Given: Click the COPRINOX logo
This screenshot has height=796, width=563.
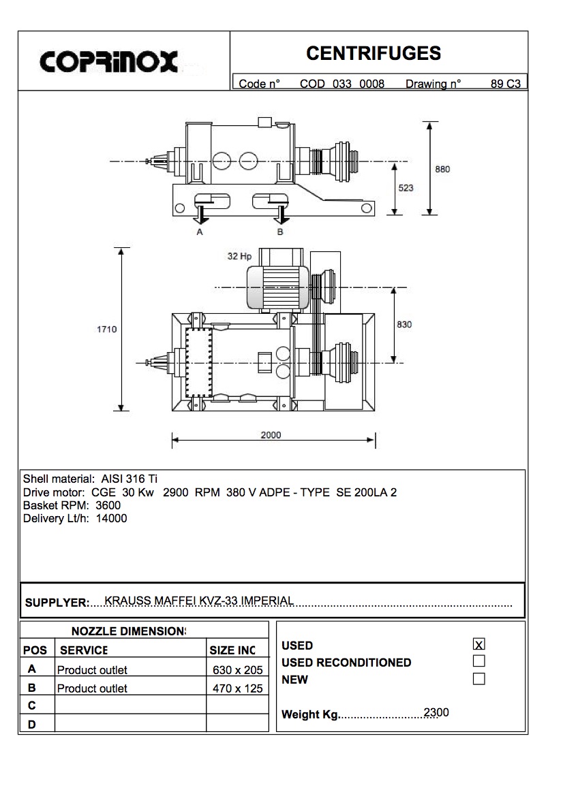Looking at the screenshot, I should tap(109, 62).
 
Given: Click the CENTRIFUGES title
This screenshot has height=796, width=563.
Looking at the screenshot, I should tap(374, 53).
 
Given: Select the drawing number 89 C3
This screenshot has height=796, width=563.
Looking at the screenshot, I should tap(505, 84).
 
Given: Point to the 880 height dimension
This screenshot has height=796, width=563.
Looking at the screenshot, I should tap(442, 169).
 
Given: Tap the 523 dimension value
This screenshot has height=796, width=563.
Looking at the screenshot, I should tap(406, 188).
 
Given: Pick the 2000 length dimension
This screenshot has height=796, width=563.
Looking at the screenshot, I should tap(271, 435).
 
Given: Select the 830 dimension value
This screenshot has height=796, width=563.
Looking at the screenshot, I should tap(404, 325).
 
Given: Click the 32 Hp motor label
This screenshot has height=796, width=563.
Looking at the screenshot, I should tap(240, 257).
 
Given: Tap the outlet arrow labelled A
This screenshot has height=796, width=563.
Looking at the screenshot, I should tap(200, 216).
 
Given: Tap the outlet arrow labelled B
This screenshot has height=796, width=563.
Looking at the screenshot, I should tap(281, 216).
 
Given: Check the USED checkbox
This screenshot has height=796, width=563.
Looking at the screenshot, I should tap(479, 644).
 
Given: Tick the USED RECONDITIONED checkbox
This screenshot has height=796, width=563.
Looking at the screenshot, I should tap(479, 661).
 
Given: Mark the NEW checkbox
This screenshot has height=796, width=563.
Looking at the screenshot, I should tap(479, 679).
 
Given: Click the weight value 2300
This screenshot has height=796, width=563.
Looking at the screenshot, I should tap(436, 713).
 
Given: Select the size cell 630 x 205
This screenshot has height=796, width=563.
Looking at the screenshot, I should tap(238, 670).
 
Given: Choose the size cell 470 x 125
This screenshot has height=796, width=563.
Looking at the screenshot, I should tap(238, 688).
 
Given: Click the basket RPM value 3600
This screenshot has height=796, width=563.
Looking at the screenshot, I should tap(108, 505).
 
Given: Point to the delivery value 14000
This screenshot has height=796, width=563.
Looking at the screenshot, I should tap(112, 518).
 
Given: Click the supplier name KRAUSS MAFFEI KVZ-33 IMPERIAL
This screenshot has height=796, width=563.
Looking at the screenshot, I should tap(199, 601).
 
